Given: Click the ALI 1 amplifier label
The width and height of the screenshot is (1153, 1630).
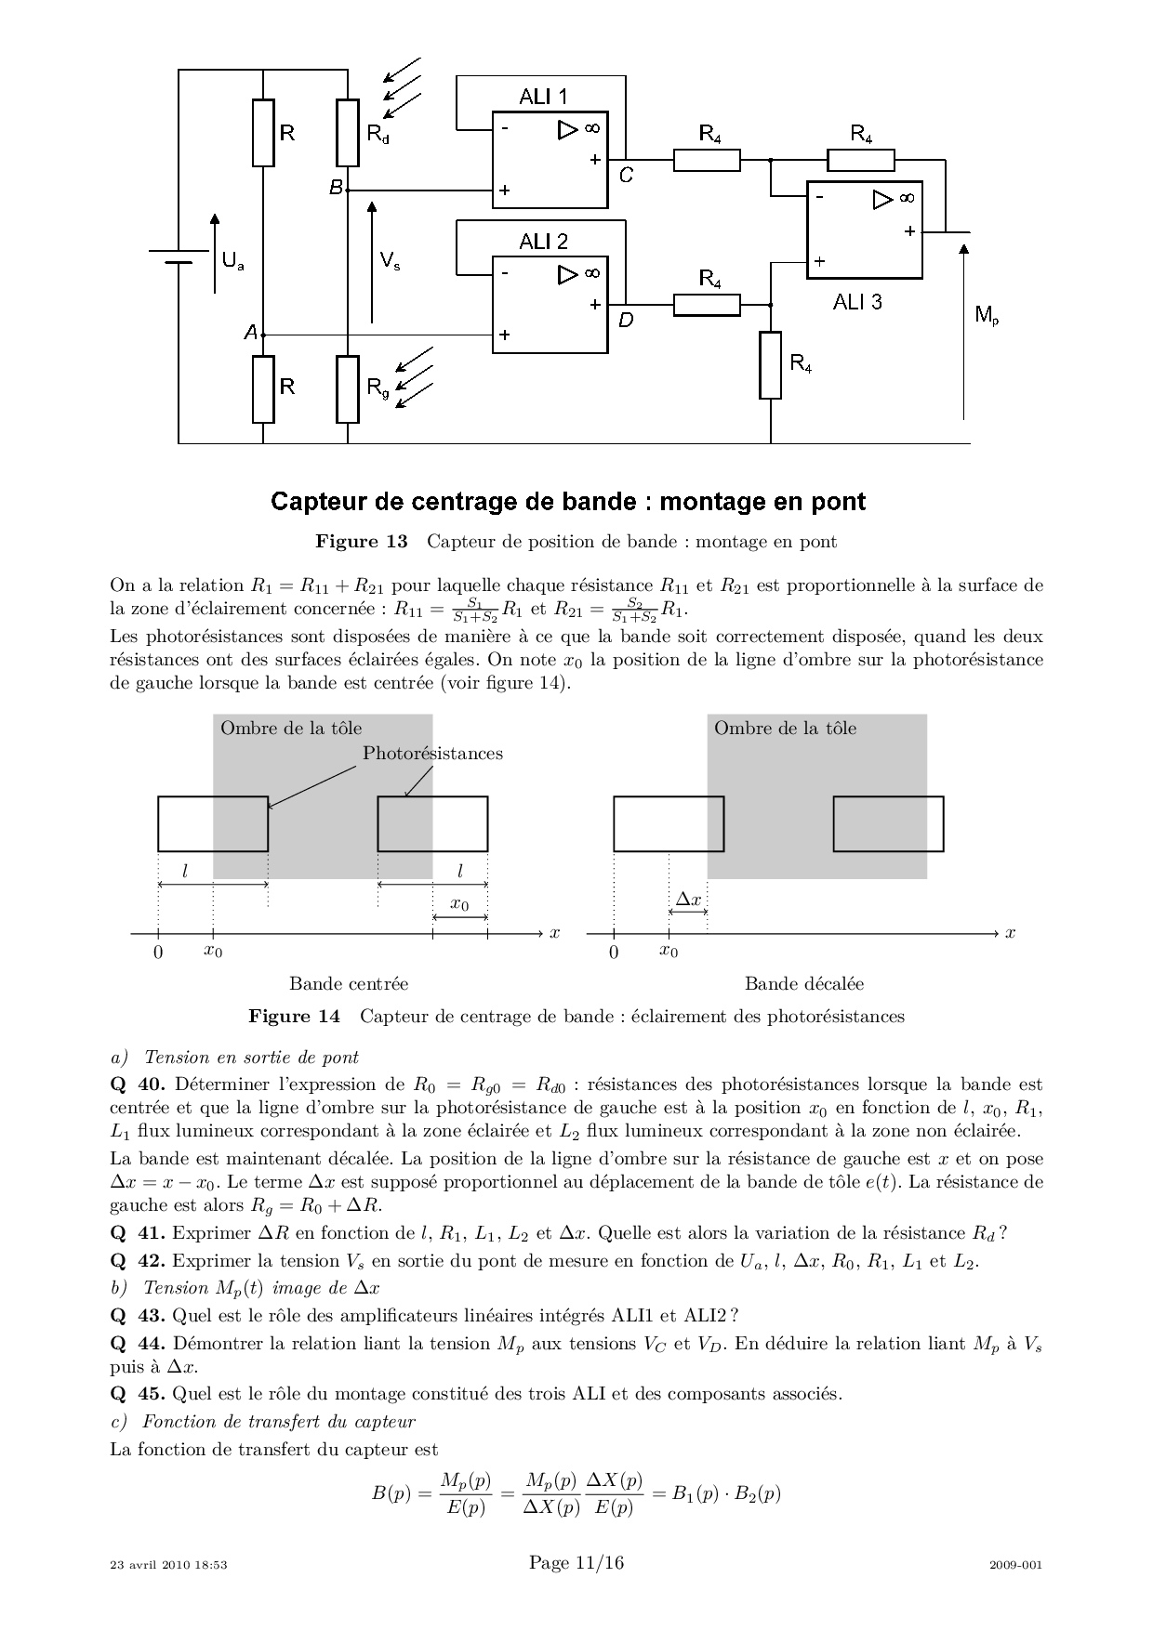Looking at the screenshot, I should [x=544, y=97].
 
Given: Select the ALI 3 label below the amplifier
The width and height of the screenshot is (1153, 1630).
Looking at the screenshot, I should [x=856, y=302].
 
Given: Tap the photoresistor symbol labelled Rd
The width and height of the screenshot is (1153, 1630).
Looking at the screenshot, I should [x=347, y=133].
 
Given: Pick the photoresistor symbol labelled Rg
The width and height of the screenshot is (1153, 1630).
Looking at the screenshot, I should [x=347, y=388].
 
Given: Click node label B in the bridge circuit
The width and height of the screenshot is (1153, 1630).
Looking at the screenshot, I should [x=336, y=188].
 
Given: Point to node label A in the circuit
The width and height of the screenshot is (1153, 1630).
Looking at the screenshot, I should [x=250, y=332].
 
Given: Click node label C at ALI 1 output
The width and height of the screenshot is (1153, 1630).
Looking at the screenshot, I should [x=626, y=175].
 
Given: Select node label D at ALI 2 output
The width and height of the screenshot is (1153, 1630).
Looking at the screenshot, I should [x=626, y=320].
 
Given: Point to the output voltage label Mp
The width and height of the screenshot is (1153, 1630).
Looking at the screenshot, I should [x=987, y=316].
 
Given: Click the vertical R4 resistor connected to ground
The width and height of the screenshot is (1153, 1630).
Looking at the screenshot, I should [x=770, y=365].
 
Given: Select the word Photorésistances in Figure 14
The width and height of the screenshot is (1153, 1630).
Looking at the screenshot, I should [x=432, y=753].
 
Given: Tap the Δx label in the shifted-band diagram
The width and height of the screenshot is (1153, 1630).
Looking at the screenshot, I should [x=688, y=900].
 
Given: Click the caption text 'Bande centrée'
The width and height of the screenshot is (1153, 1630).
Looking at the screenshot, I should [x=349, y=983].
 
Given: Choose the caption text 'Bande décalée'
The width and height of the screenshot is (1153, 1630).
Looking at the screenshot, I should [x=804, y=983].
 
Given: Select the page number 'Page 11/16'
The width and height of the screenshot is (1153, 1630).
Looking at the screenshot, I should [x=576, y=1563].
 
